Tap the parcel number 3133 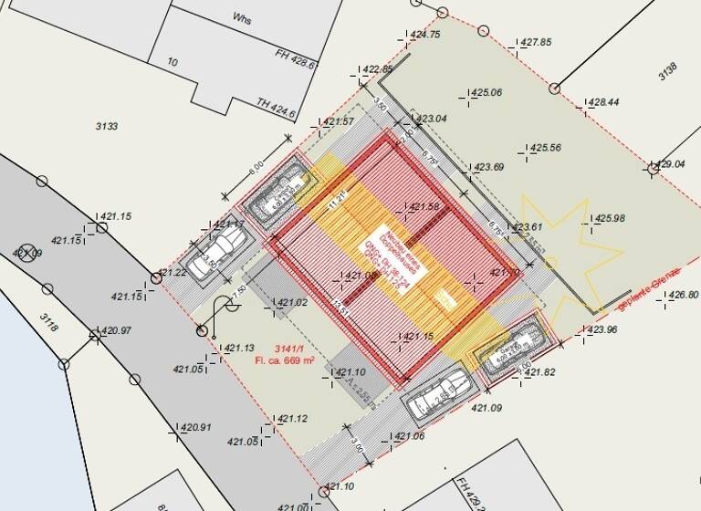click(x=106, y=126)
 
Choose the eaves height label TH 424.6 click(x=277, y=108)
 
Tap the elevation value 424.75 click(x=425, y=35)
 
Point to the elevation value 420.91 click(x=195, y=427)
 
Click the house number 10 click(x=173, y=62)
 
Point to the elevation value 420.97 click(x=116, y=330)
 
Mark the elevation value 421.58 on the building click(x=424, y=207)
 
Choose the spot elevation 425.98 click(x=610, y=218)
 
